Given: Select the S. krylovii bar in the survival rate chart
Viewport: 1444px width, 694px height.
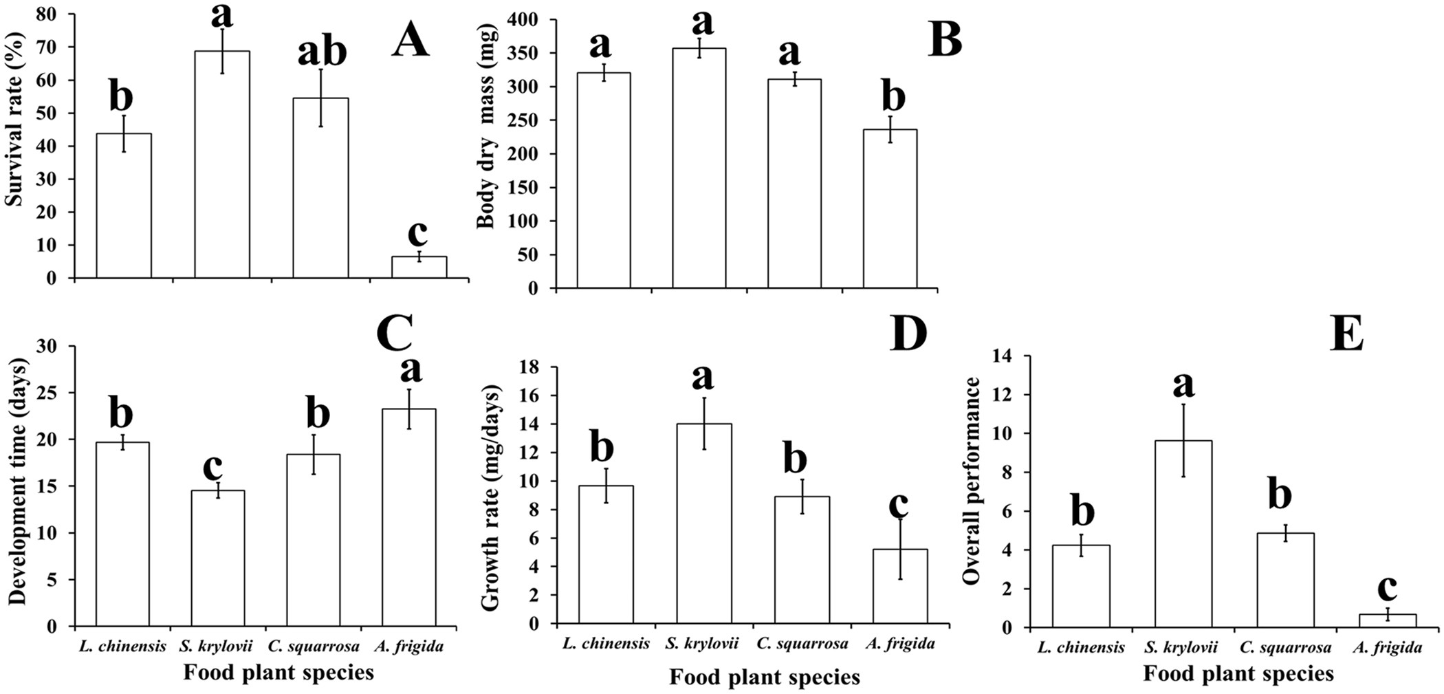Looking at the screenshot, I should pos(222,165).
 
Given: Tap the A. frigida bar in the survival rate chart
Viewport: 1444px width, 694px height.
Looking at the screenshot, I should pos(419,268).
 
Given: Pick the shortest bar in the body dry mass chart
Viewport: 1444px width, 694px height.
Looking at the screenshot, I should pos(890,209).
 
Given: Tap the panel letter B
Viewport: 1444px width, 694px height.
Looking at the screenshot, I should pos(945,40).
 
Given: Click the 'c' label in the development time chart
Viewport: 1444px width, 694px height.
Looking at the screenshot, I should pos(212,467).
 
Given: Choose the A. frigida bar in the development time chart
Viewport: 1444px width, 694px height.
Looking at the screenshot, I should pos(408,517).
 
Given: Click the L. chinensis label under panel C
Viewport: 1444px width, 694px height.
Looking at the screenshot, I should pos(122,646).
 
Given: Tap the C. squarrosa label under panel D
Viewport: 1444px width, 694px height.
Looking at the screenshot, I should pos(802,643).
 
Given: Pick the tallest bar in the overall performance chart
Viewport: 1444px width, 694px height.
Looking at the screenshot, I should pos(1183,534).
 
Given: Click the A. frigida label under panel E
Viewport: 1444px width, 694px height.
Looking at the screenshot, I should pos(1387,647).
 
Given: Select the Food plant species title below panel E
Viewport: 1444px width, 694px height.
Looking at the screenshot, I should pos(1238,674).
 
